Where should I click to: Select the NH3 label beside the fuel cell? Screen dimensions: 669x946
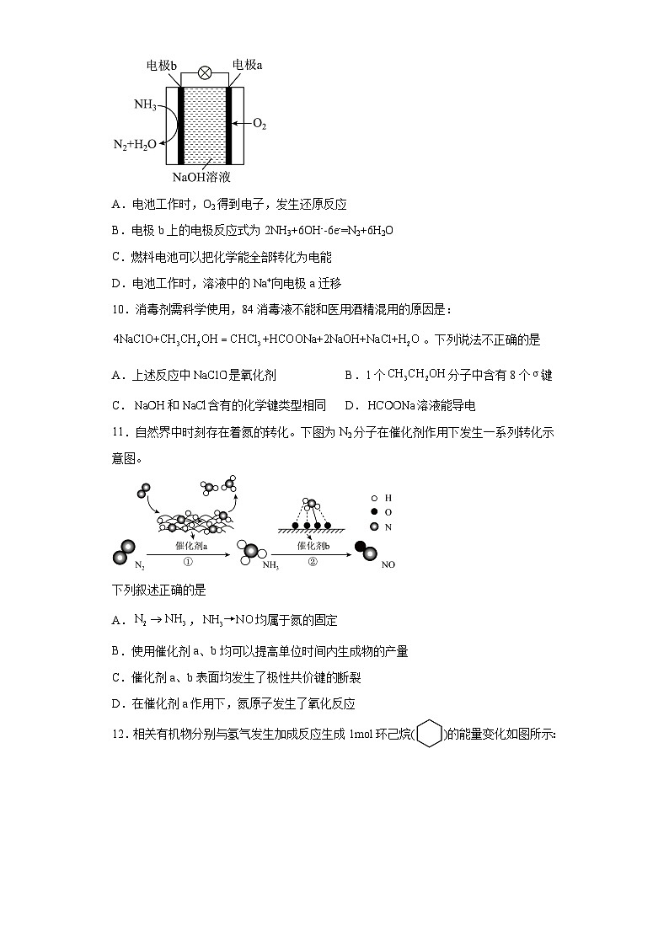[145, 105]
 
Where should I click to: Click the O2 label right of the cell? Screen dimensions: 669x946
[260, 125]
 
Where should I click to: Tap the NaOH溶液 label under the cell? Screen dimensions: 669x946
[201, 178]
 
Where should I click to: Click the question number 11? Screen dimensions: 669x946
[119, 433]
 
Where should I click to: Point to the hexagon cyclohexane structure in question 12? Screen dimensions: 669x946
[430, 734]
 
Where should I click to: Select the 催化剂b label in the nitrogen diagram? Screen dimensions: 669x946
[312, 545]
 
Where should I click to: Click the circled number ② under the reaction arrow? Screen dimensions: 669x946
[312, 562]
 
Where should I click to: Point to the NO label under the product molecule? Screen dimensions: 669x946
[388, 564]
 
